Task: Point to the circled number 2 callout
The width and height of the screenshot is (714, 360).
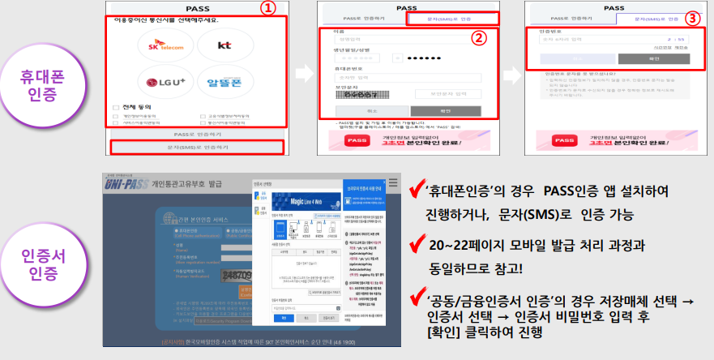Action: [x=480, y=37]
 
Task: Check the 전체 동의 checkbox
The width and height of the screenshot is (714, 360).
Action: [x=116, y=107]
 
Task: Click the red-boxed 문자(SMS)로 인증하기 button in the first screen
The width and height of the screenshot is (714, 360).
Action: [x=198, y=147]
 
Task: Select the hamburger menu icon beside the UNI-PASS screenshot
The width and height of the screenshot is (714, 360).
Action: [x=392, y=182]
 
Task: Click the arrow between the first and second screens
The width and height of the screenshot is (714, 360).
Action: [x=304, y=73]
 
